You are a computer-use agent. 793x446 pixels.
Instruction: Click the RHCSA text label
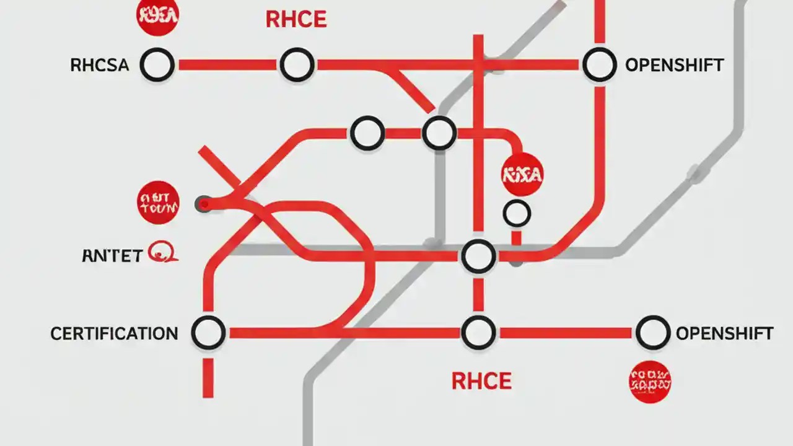point(100,65)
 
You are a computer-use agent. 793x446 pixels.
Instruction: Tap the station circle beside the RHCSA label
point(157,64)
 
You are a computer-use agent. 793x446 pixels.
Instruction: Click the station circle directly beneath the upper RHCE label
point(297,64)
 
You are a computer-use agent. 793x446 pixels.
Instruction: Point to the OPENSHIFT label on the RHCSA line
point(674,65)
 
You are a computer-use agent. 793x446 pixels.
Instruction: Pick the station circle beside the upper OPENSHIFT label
point(599,64)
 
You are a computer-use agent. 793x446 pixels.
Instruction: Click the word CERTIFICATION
point(114,334)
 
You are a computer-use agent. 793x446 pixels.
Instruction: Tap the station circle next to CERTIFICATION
point(208,333)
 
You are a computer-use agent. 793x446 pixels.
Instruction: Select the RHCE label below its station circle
point(481,381)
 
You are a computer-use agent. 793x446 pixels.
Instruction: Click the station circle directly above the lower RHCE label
point(478,333)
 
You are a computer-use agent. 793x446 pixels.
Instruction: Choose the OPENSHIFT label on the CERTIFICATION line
point(724,334)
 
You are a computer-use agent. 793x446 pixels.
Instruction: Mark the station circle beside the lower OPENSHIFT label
point(653,333)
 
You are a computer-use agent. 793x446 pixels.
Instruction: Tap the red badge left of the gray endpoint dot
point(158,203)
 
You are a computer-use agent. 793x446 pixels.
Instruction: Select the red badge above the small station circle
point(522,175)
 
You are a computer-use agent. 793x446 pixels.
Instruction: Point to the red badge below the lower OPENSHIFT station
point(650,382)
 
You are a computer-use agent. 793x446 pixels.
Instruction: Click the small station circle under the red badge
point(517,214)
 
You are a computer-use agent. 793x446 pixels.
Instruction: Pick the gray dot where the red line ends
point(204,204)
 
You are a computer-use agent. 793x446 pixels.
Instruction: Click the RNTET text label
point(112,256)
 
